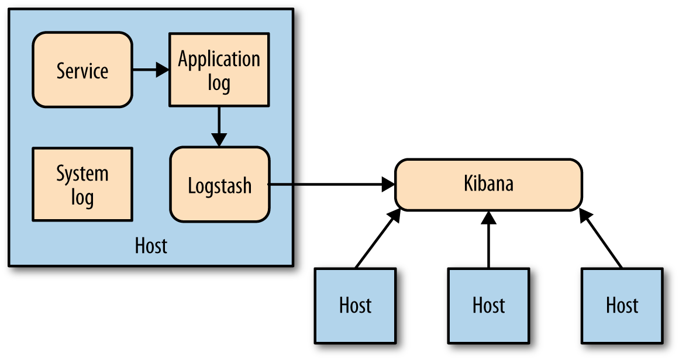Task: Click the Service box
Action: (x=82, y=70)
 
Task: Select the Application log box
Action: (x=219, y=70)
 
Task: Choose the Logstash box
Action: (x=219, y=185)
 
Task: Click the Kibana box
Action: (x=488, y=184)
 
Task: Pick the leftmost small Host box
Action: (x=355, y=305)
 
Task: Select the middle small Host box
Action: (x=488, y=305)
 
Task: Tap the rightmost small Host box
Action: (x=622, y=305)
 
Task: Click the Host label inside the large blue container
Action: (x=151, y=245)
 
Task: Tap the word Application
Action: (x=219, y=59)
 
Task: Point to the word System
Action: (x=82, y=174)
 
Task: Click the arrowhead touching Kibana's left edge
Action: (x=388, y=185)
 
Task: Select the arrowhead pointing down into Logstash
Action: (x=219, y=140)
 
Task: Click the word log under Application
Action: (x=219, y=82)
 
